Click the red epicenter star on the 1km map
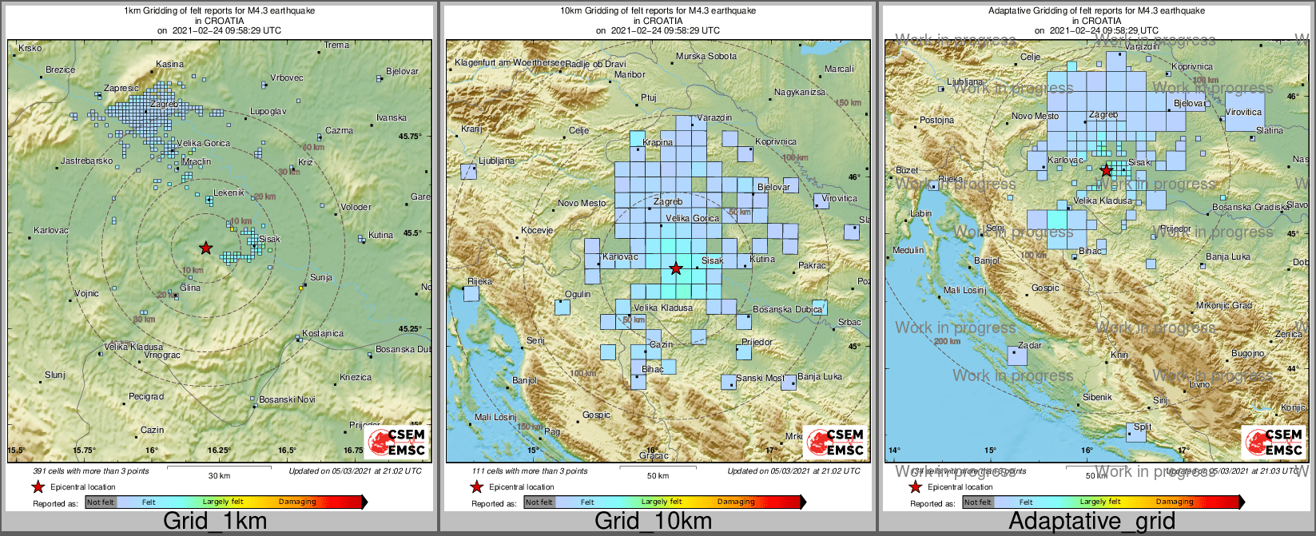(205, 248)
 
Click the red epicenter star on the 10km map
(676, 268)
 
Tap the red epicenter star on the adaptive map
(1106, 170)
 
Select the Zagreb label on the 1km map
(164, 104)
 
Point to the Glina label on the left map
(190, 288)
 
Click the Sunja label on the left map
(320, 277)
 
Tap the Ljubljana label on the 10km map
(496, 161)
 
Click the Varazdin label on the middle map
(714, 117)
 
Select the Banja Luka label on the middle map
(819, 376)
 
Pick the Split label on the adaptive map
(1143, 427)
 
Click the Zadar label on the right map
(1029, 345)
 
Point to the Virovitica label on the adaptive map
(1242, 113)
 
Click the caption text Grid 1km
(215, 522)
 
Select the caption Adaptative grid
(1091, 522)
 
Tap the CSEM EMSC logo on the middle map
(835, 442)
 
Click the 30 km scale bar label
(219, 475)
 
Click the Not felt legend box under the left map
(101, 502)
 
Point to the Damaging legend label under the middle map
(736, 502)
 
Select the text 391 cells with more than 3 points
(91, 471)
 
